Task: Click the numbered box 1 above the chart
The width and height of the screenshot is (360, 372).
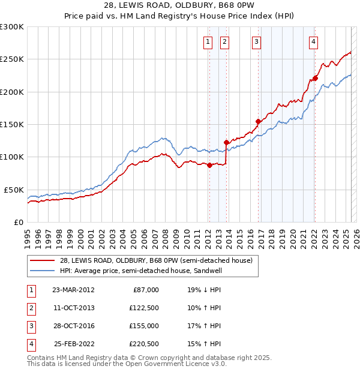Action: (x=208, y=41)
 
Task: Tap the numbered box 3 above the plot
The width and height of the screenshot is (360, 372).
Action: (x=256, y=41)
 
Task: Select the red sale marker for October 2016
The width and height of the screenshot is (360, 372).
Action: (x=258, y=121)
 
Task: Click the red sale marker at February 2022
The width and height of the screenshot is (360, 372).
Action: (x=315, y=78)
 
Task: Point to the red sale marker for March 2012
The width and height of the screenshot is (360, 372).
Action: (x=209, y=166)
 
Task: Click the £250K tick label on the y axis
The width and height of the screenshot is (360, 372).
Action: (x=12, y=59)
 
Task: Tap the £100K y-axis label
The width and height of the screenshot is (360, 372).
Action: (x=12, y=157)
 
